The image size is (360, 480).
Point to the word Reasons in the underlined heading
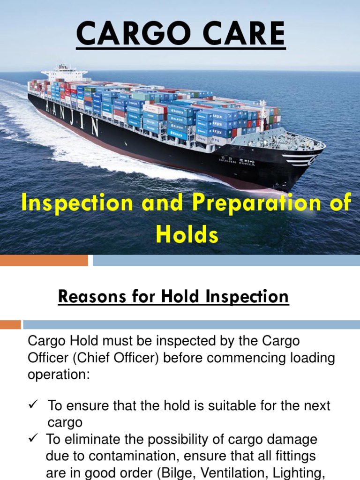click(88, 296)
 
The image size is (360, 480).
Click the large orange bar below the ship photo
click(44, 260)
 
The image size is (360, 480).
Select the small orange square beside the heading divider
click(10, 324)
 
